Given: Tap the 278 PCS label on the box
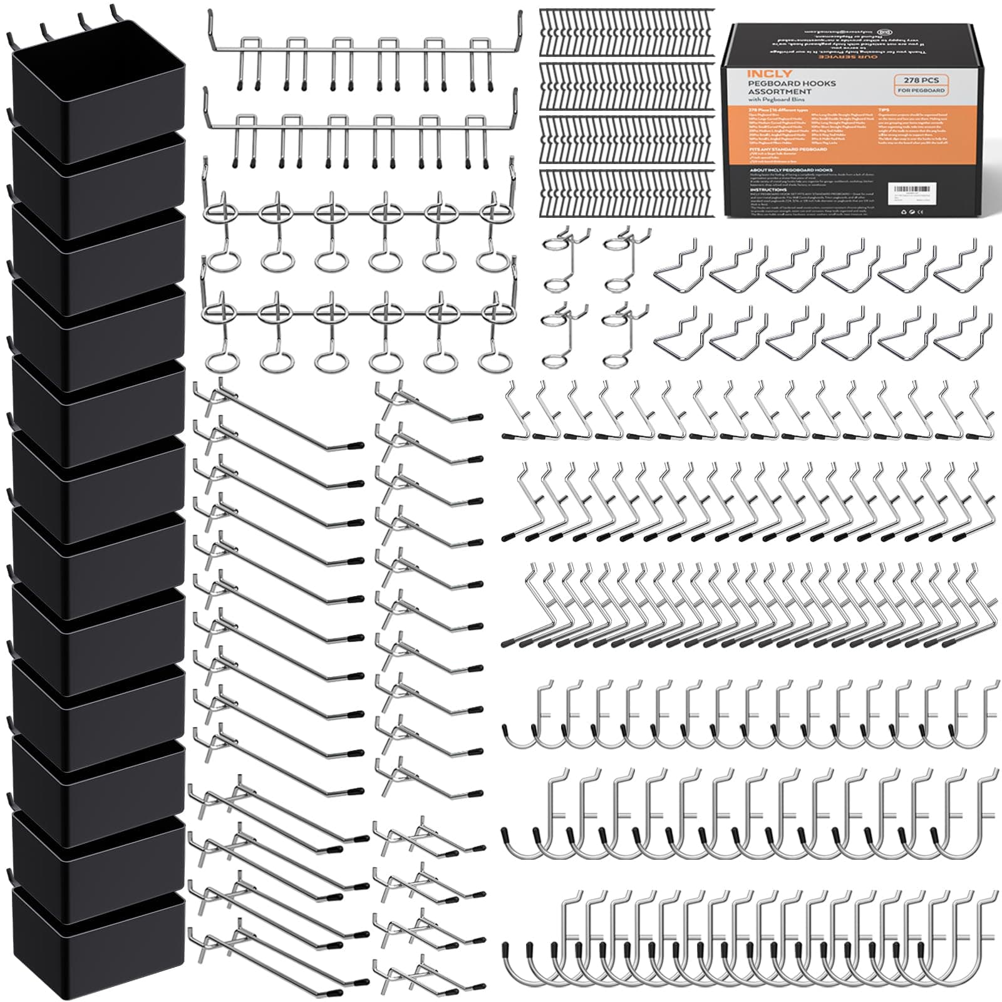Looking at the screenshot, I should pos(921,80).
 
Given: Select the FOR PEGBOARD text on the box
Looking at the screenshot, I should pos(921,91).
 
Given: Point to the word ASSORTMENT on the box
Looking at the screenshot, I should pos(780,91).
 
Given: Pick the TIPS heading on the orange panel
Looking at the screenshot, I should pos(883,110).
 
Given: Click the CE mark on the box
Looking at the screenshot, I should pos(911,212).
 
